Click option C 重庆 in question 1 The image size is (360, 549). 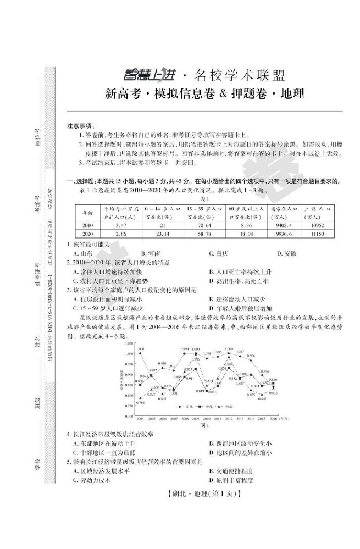pyautogui.click(x=218, y=253)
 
